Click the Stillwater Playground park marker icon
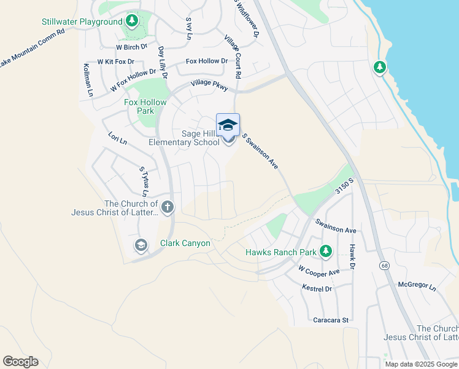coord(131,22)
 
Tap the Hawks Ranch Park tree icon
coord(325,252)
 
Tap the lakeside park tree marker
coord(380,67)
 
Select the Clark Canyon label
coord(185,243)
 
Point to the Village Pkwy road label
coord(209,85)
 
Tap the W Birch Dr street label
coord(132,46)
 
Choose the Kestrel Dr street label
coord(317,288)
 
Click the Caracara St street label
coord(331,320)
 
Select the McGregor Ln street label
coord(416,287)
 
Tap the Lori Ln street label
coord(117,139)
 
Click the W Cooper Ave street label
coord(319,271)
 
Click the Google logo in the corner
coord(20,362)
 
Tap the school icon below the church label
coord(141,246)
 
